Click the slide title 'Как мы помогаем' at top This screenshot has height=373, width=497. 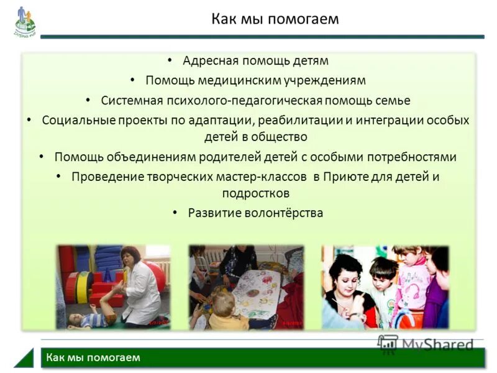(x=275, y=19)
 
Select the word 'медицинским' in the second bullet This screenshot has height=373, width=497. (x=242, y=80)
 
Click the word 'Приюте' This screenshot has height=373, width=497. (x=344, y=177)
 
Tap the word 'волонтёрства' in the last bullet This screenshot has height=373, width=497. (x=283, y=213)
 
